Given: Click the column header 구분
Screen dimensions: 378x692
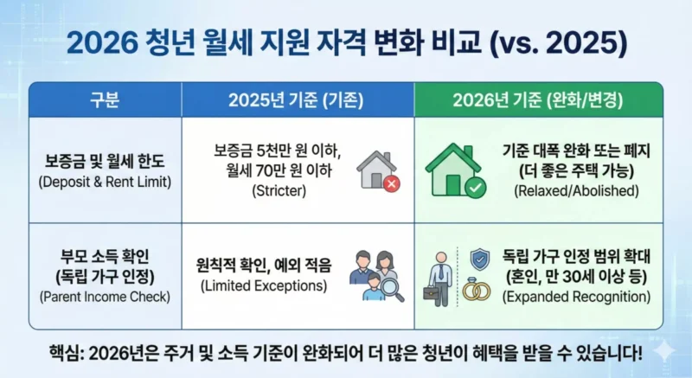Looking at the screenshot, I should click(105, 99).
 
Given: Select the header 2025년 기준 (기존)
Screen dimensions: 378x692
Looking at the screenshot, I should click(297, 99).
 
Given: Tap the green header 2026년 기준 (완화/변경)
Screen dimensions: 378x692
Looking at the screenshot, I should click(537, 99).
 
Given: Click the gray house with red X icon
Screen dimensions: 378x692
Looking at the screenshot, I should click(378, 170).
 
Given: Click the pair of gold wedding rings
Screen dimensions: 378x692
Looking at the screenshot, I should click(476, 291).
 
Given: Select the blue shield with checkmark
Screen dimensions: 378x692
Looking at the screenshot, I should click(478, 259).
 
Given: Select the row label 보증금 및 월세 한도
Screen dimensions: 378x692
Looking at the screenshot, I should click(105, 161).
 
